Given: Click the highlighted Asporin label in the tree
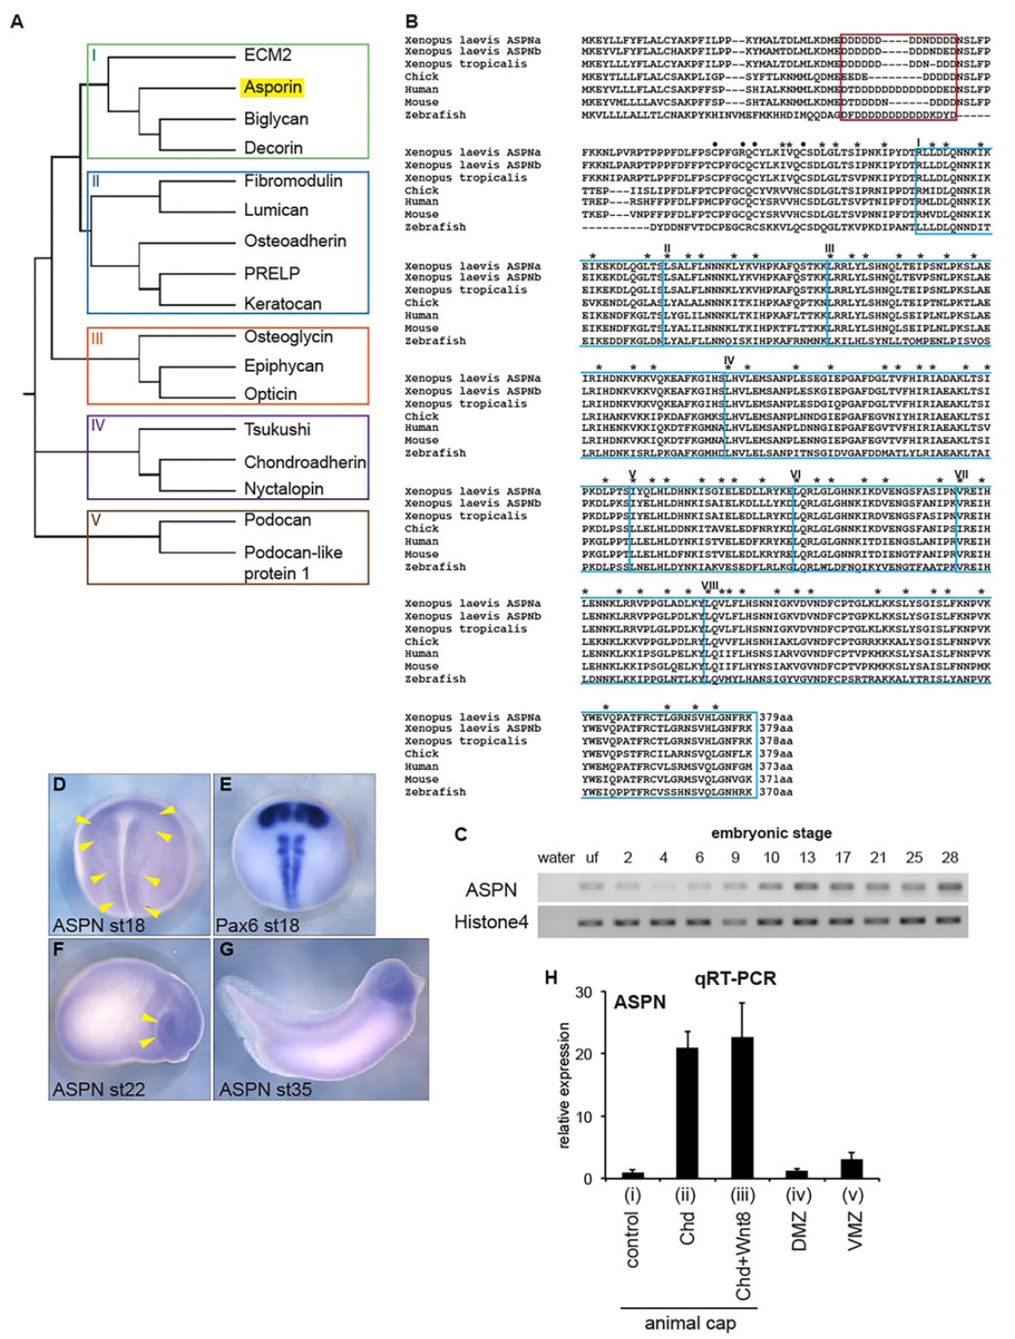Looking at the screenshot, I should [273, 87].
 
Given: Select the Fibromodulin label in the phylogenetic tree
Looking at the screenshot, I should [293, 181].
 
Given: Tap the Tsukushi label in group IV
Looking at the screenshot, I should [277, 429].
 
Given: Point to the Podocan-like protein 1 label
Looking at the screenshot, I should [293, 563].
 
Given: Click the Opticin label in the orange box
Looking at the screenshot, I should [270, 394].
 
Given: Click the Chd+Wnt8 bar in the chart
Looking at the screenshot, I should [742, 1107].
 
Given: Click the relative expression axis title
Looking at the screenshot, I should [564, 1085].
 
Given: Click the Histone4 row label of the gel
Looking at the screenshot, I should [490, 922].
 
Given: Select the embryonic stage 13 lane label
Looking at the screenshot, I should [807, 857].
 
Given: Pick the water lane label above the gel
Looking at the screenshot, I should [556, 857].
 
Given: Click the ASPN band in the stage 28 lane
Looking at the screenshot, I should [950, 885].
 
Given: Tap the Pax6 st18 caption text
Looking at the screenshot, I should [258, 925].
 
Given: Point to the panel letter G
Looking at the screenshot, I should [227, 951].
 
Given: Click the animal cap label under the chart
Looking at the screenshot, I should [690, 1323].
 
